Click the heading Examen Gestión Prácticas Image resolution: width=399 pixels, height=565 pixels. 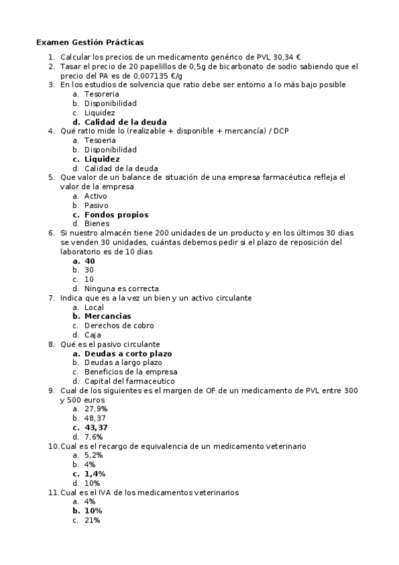[x=89, y=42]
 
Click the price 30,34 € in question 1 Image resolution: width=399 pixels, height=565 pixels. [x=288, y=58]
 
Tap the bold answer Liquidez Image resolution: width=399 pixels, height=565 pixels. [x=102, y=159]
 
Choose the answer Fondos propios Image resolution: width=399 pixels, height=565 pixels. [x=116, y=215]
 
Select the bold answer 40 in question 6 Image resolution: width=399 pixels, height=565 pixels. [x=90, y=261]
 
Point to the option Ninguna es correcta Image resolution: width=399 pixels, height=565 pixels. [x=121, y=288]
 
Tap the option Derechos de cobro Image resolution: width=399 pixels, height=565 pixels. [x=119, y=325]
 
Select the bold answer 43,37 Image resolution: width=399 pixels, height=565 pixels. [x=96, y=427]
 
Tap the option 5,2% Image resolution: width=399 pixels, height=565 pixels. [x=94, y=454]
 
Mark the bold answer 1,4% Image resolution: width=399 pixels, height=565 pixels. [x=95, y=474]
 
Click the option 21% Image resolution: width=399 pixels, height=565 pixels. [x=92, y=520]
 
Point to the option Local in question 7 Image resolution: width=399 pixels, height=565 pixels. [x=94, y=307]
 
